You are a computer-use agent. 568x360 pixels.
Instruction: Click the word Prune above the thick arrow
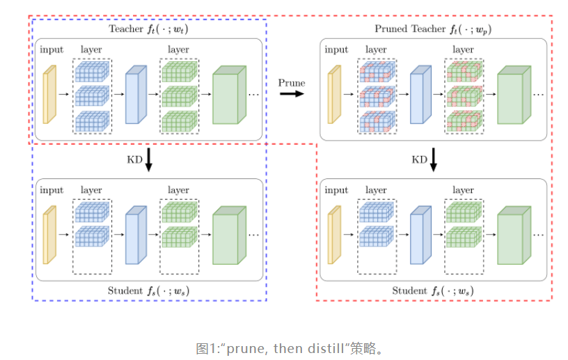[x=291, y=83]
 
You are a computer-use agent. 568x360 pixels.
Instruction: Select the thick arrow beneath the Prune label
[x=292, y=94]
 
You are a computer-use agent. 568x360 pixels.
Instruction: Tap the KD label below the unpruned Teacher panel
[x=134, y=159]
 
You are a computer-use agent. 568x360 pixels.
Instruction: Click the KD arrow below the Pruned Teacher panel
[x=433, y=159]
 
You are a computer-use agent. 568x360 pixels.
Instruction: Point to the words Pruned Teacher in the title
[x=410, y=29]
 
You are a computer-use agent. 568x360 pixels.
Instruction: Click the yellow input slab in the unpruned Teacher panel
[x=49, y=94]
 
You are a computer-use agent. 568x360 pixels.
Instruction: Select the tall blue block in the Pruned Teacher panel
[x=420, y=94]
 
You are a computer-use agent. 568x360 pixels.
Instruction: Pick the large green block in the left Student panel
[x=229, y=235]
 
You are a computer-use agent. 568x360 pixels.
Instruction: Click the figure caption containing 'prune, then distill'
[x=289, y=348]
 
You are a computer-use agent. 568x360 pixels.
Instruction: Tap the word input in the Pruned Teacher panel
[x=336, y=49]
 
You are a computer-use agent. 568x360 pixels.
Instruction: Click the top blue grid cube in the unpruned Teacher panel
[x=92, y=71]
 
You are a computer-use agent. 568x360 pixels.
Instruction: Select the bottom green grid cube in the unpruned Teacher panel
[x=180, y=121]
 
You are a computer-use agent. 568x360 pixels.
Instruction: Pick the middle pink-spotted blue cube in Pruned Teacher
[x=377, y=96]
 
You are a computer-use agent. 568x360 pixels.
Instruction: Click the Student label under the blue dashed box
[x=125, y=291]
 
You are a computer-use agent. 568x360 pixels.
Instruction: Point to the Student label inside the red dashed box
[x=410, y=291]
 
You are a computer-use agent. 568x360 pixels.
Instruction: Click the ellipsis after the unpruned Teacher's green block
[x=253, y=95]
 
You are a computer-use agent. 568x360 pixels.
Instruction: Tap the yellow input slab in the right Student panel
[x=334, y=235]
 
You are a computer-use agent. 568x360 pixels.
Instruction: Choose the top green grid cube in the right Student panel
[x=464, y=212]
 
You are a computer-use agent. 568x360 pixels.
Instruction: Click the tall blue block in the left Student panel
[x=136, y=235]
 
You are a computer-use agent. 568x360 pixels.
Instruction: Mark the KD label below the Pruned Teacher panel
[x=419, y=159]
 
